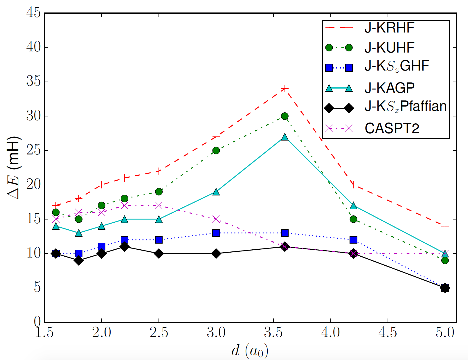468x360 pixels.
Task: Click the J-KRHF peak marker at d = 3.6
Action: (285, 89)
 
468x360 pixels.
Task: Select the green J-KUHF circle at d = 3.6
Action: (285, 116)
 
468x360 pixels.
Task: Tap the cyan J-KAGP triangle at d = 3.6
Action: (285, 137)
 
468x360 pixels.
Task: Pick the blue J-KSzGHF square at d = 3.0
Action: (216, 233)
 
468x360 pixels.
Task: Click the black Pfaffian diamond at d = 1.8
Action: (78, 260)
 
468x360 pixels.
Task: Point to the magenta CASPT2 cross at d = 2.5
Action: (159, 206)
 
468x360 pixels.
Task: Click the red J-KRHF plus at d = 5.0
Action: (445, 226)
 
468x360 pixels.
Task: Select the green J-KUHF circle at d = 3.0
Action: (216, 150)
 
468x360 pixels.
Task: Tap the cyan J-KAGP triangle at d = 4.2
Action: (353, 206)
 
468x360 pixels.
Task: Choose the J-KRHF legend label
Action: (389, 28)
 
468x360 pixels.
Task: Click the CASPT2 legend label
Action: (392, 128)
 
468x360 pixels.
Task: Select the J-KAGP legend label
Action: (389, 88)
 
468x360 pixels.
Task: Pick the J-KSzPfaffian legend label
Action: (405, 107)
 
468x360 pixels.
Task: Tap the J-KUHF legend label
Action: (389, 48)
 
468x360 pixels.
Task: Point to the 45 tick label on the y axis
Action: (34, 13)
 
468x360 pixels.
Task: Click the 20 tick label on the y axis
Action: (34, 185)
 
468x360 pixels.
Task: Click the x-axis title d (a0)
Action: (250, 351)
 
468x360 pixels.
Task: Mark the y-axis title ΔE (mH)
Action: (14, 168)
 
